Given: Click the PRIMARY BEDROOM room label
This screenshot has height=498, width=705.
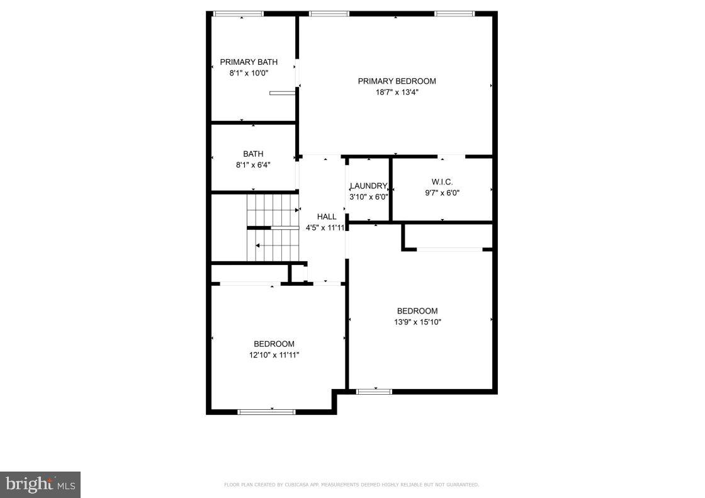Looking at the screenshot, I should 397,81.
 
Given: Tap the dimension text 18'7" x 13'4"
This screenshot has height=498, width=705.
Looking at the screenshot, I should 397,93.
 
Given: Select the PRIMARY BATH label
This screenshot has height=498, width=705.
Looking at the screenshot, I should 249,62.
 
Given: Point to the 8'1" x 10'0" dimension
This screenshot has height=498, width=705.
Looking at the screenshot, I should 249,73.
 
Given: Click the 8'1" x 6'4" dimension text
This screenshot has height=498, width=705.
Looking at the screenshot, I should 253,166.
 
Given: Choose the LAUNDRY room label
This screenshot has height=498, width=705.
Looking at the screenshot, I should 368,186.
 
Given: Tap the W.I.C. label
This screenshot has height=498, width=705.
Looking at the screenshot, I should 442,182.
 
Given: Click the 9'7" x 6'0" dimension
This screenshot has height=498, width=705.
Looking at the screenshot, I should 442,193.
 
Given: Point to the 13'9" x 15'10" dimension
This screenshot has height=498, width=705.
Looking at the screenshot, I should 417,322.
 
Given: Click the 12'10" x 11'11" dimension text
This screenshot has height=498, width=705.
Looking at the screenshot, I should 274,355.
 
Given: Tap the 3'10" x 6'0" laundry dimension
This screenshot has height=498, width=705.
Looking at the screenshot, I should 368,196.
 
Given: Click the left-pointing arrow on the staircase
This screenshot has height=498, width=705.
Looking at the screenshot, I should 257,246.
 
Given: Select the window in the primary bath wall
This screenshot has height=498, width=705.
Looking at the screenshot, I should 238,13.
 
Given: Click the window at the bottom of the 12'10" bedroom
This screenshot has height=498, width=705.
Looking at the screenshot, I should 266,412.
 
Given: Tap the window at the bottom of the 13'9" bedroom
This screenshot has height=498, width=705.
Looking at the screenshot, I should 374,392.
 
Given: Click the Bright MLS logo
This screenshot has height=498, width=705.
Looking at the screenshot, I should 40,484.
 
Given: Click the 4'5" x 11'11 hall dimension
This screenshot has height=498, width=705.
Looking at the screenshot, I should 325,228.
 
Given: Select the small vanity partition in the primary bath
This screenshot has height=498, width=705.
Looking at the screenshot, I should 282,93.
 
